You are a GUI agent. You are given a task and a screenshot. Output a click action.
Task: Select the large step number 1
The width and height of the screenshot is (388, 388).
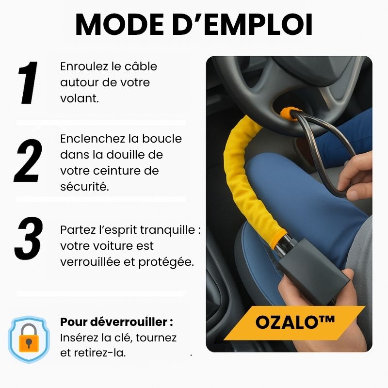[x=28, y=82]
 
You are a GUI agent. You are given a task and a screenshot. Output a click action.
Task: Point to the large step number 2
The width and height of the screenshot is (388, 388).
[x=28, y=161]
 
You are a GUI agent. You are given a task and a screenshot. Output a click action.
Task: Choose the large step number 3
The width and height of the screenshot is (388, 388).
[x=29, y=238]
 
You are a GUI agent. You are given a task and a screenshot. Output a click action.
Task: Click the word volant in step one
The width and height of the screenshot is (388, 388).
[x=79, y=98]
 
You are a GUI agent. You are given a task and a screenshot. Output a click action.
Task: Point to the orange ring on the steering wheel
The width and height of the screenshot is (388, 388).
[x=291, y=114]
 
